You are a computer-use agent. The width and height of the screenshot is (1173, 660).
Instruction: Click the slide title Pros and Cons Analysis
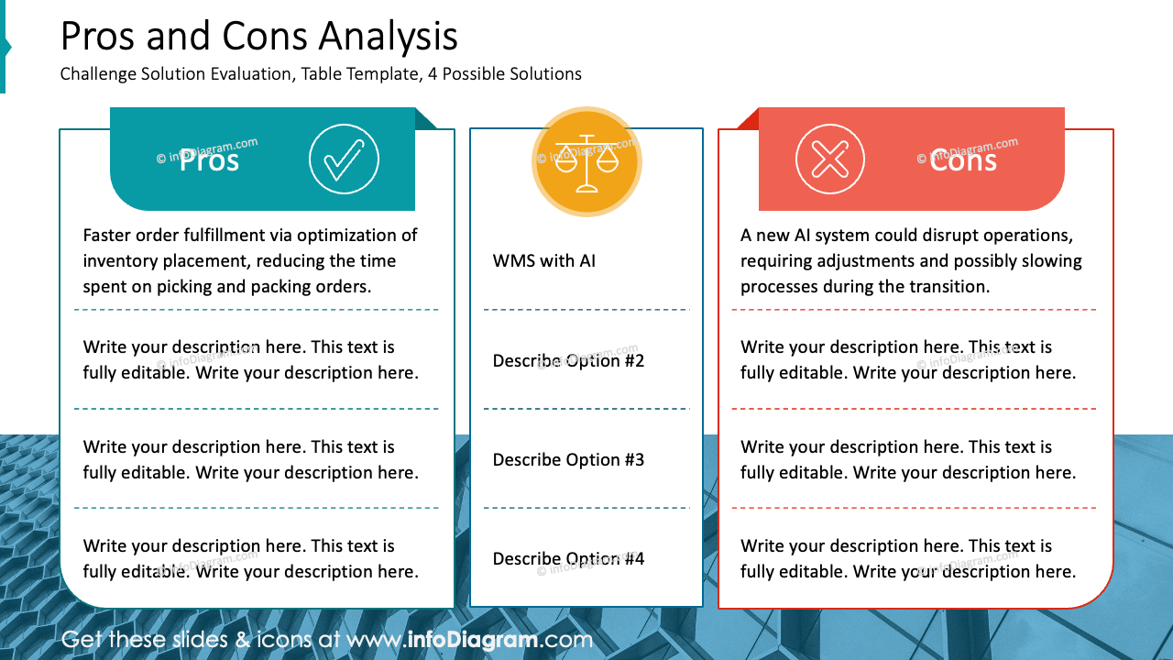[258, 37]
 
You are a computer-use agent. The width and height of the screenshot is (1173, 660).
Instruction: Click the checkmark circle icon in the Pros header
[344, 159]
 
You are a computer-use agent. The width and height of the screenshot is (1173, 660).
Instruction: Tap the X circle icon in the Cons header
[829, 159]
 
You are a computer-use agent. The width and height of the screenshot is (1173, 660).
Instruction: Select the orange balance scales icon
[586, 162]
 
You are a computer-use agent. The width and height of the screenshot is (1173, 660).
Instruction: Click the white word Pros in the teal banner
[209, 160]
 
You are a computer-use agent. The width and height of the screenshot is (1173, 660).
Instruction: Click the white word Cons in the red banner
[962, 160]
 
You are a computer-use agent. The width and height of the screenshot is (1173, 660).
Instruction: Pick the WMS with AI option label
[544, 261]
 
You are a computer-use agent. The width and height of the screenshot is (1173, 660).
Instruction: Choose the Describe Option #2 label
[568, 361]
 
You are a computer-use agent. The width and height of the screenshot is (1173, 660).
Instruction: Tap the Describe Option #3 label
[568, 460]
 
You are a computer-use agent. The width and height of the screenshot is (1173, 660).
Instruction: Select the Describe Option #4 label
[568, 559]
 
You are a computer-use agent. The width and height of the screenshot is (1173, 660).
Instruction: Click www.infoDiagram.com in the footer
[469, 640]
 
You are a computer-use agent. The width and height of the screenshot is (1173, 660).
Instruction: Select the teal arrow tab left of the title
[5, 47]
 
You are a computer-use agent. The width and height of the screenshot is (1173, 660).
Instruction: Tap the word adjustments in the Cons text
[862, 261]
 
